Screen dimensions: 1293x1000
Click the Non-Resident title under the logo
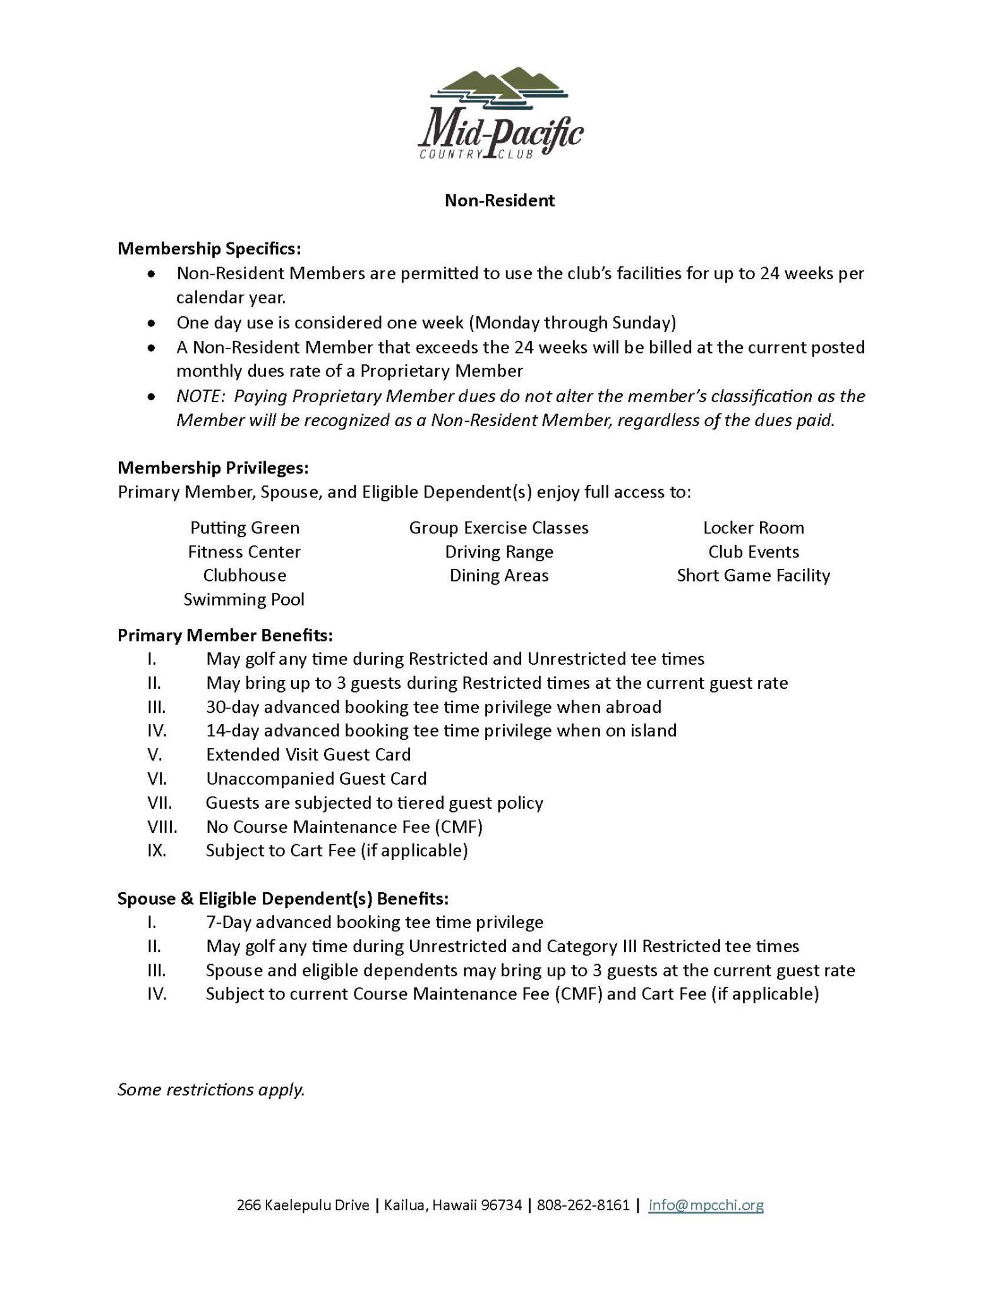coord(500,201)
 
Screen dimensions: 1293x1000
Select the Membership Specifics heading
coord(209,249)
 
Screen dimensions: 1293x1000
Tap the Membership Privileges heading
coord(213,468)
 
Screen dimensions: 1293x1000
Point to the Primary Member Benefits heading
coord(225,635)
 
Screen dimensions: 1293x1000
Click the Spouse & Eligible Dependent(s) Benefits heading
coord(283,898)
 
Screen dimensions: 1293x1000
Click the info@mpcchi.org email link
coord(706,1205)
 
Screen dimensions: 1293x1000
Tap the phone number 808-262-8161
coord(583,1205)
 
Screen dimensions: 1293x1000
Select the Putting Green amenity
coord(245,528)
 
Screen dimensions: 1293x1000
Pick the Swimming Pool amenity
coord(244,599)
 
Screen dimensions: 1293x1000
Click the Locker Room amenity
coord(754,528)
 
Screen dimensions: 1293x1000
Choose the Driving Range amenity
coord(499,552)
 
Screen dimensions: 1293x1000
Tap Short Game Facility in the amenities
coord(754,575)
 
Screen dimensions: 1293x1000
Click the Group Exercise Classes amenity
coord(499,528)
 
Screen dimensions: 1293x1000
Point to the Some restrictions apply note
coord(212,1090)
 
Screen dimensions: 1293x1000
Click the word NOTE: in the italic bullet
coord(201,396)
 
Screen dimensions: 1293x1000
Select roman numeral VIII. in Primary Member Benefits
coord(162,826)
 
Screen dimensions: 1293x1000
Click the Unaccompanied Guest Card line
coord(316,778)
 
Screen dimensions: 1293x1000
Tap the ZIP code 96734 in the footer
coord(502,1205)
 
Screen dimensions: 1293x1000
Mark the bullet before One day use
coord(151,323)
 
